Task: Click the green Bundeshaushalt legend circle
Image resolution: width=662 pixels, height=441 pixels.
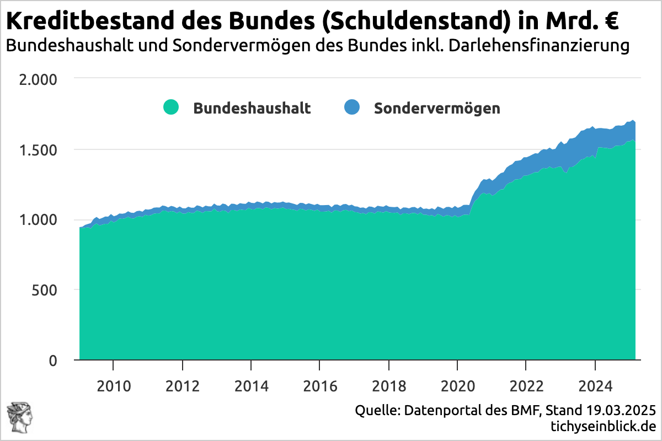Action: click(171, 107)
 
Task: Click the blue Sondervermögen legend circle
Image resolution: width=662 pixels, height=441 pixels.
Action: click(351, 107)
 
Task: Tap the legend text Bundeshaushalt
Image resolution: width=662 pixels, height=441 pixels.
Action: click(252, 108)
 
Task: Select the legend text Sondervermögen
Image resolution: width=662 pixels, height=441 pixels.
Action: click(437, 108)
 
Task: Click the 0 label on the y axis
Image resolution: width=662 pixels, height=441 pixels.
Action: click(53, 361)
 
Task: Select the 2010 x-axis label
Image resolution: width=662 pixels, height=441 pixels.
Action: click(113, 384)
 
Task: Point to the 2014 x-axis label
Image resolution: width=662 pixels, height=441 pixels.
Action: click(251, 384)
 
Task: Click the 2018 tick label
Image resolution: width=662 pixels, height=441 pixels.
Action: click(389, 384)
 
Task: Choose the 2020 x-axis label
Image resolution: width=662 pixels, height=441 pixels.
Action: click(457, 384)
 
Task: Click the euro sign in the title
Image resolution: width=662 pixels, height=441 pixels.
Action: click(609, 22)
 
